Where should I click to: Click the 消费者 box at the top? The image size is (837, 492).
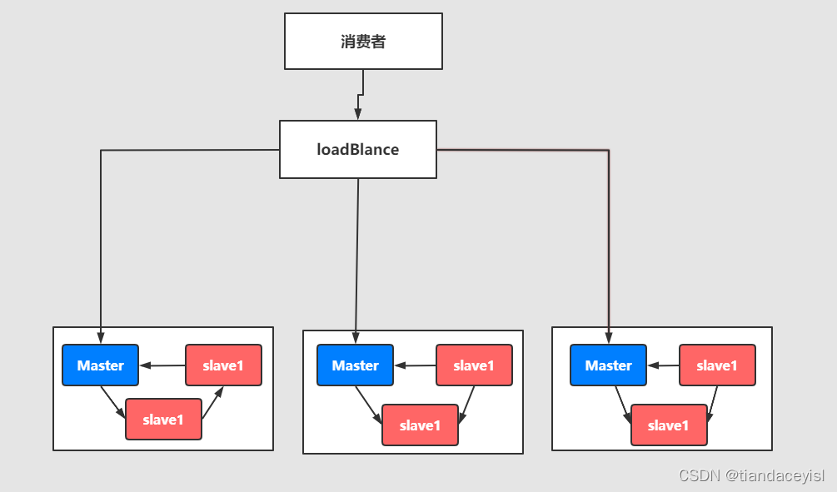click(363, 41)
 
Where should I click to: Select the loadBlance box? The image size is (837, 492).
click(358, 150)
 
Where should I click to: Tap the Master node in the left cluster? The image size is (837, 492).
click(101, 365)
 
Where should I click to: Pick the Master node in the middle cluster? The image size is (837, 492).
click(356, 365)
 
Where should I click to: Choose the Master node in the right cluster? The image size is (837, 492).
click(608, 365)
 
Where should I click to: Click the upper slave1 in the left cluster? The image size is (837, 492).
click(223, 365)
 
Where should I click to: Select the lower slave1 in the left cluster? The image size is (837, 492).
click(163, 420)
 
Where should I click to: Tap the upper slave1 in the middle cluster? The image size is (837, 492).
click(474, 365)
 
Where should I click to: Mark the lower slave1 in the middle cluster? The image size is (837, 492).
click(420, 425)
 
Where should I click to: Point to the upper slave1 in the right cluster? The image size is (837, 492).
click(717, 365)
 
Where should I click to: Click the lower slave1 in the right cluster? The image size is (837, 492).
click(669, 425)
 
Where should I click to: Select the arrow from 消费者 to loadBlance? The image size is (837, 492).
click(361, 95)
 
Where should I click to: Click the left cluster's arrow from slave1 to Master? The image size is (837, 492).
click(162, 365)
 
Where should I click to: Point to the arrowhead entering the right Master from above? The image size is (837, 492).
click(608, 337)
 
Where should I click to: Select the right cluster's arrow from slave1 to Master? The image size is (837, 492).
click(663, 365)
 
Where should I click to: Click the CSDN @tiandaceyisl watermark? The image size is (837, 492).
click(751, 475)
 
